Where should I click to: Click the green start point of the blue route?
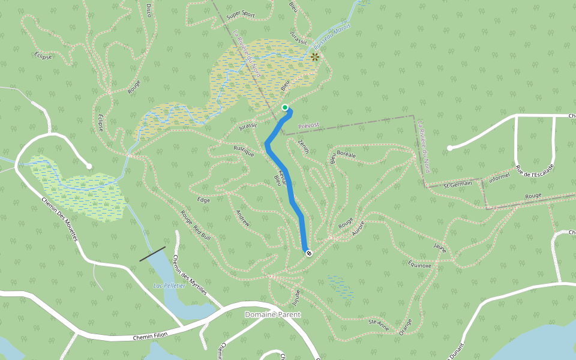coord(285,108)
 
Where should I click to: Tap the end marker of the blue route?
coord(309,253)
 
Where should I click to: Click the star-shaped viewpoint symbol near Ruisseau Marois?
coord(314,57)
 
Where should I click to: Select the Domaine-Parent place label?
coord(272,314)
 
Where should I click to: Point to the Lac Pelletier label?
coord(169,286)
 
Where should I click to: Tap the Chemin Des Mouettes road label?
coord(60,220)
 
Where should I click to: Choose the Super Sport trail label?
coord(242,14)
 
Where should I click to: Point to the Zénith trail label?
coord(303,146)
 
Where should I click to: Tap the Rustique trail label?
coord(244,151)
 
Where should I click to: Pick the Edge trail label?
coord(203,200)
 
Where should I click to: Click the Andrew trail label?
coord(243,218)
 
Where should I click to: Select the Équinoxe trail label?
coord(419,265)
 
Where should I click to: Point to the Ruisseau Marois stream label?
coord(332,37)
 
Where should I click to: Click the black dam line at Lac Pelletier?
coord(152,254)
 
